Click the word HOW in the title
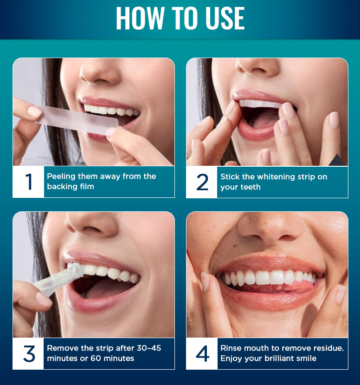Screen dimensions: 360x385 (140, 18)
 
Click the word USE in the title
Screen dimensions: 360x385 (225, 18)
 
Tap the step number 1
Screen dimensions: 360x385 (28, 182)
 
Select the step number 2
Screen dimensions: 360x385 (202, 182)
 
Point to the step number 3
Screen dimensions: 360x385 (29, 354)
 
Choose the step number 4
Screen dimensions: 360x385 (203, 354)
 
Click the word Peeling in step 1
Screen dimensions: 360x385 (61, 176)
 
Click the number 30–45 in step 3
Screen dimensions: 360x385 (149, 348)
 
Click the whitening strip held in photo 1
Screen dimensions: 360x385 (77, 120)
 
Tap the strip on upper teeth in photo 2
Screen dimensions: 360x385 (260, 104)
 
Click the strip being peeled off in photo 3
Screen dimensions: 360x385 (58, 279)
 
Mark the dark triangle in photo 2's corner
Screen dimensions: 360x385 (337, 160)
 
